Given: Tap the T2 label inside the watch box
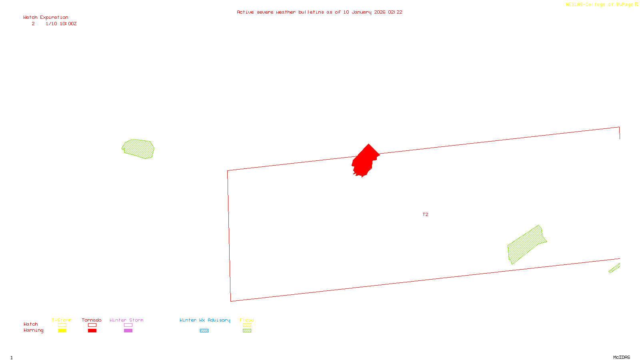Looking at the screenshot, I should point(425,215).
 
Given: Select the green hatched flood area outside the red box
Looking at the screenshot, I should point(138,149).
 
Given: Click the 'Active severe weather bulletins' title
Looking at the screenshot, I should point(319,12).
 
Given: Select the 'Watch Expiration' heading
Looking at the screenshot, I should point(46,18).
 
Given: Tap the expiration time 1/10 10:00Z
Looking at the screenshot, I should point(61,24).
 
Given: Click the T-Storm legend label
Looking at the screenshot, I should point(62,320).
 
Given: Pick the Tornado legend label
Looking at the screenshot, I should point(92,320).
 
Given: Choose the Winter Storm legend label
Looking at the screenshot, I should point(126,320).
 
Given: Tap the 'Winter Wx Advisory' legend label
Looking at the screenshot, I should point(205,320).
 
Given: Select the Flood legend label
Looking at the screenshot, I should point(247,320).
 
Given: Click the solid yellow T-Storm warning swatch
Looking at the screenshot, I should point(62,331).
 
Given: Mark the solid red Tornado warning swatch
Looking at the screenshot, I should point(92,331).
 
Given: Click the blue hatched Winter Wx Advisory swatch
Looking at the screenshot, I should point(204,331).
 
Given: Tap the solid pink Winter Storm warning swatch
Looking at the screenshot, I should point(128,331).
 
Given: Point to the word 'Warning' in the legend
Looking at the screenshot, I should point(34,330).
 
